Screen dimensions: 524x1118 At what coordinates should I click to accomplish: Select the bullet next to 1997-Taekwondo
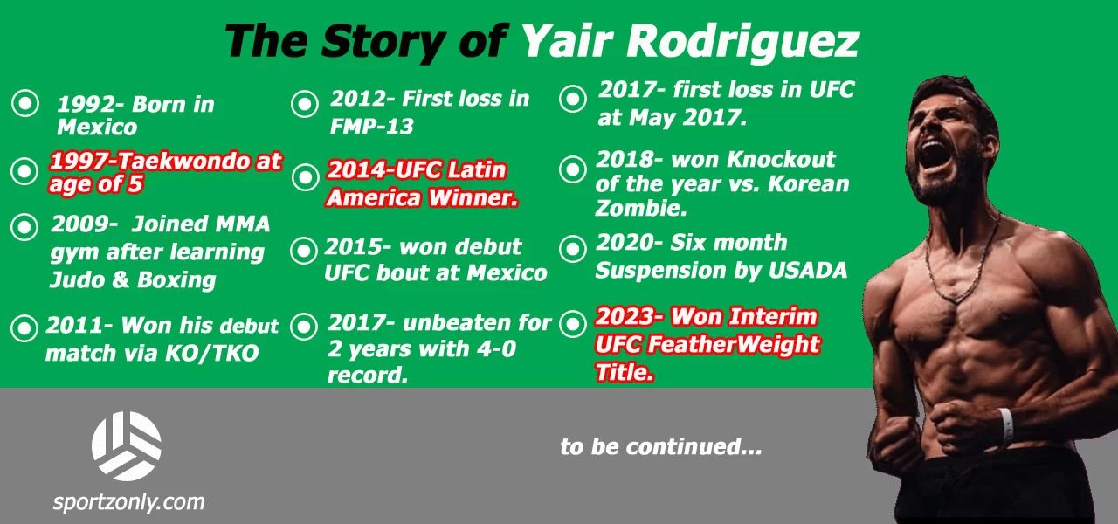point(24,171)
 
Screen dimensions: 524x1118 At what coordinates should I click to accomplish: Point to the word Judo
point(84,279)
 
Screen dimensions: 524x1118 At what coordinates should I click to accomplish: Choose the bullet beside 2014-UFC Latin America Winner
point(305,177)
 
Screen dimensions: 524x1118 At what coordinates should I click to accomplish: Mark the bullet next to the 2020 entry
point(573,250)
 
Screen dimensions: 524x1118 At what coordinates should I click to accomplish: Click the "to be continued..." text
point(661,446)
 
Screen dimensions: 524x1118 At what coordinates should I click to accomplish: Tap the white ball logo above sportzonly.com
point(127,445)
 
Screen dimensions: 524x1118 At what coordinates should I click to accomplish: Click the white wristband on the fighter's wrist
point(1006,425)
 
